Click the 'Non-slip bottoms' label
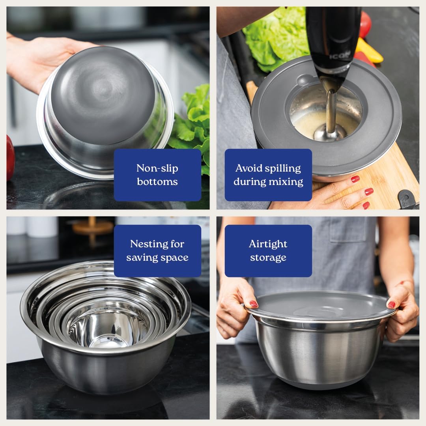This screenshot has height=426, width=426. [x=157, y=175]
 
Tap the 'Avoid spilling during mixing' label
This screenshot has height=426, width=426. [x=268, y=175]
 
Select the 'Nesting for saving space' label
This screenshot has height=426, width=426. [x=157, y=251]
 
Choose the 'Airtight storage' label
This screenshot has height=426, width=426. [x=268, y=251]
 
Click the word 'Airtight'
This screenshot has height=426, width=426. [x=268, y=244]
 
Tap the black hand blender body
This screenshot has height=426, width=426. [x=333, y=39]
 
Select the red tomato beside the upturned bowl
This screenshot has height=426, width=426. [x=10, y=158]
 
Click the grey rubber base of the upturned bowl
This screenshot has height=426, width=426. [x=103, y=95]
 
